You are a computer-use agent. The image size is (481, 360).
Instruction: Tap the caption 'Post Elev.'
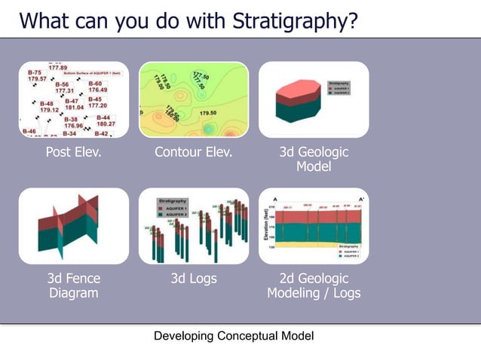73,152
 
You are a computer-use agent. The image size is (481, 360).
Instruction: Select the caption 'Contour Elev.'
193,152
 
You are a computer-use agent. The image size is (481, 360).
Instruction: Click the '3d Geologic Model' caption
314,159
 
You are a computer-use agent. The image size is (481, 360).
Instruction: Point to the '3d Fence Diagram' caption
73,285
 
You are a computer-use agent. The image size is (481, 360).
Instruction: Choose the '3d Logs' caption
193,279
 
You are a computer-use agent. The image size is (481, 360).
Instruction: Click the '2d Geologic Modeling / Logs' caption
314,285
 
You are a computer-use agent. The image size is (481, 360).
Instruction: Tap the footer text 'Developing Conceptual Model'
234,336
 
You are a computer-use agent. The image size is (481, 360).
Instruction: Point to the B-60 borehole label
95,83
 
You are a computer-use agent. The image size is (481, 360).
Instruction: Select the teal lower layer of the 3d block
297,111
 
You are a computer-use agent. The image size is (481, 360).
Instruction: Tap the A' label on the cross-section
360,199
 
